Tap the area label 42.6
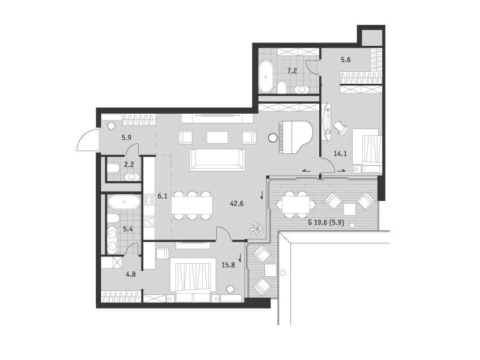click(237, 203)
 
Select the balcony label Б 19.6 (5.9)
click(327, 223)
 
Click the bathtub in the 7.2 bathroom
click(266, 76)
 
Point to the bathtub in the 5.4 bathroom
click(124, 202)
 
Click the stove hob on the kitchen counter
click(149, 199)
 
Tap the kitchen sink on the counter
click(149, 221)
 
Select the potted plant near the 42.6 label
click(256, 228)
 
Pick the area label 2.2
click(129, 164)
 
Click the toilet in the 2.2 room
click(113, 168)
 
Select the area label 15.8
click(228, 265)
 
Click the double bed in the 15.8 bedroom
click(192, 279)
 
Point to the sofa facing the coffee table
click(217, 160)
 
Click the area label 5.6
click(346, 59)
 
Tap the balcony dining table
click(295, 204)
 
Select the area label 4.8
click(131, 275)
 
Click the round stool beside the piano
click(272, 138)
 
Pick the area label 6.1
click(162, 196)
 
